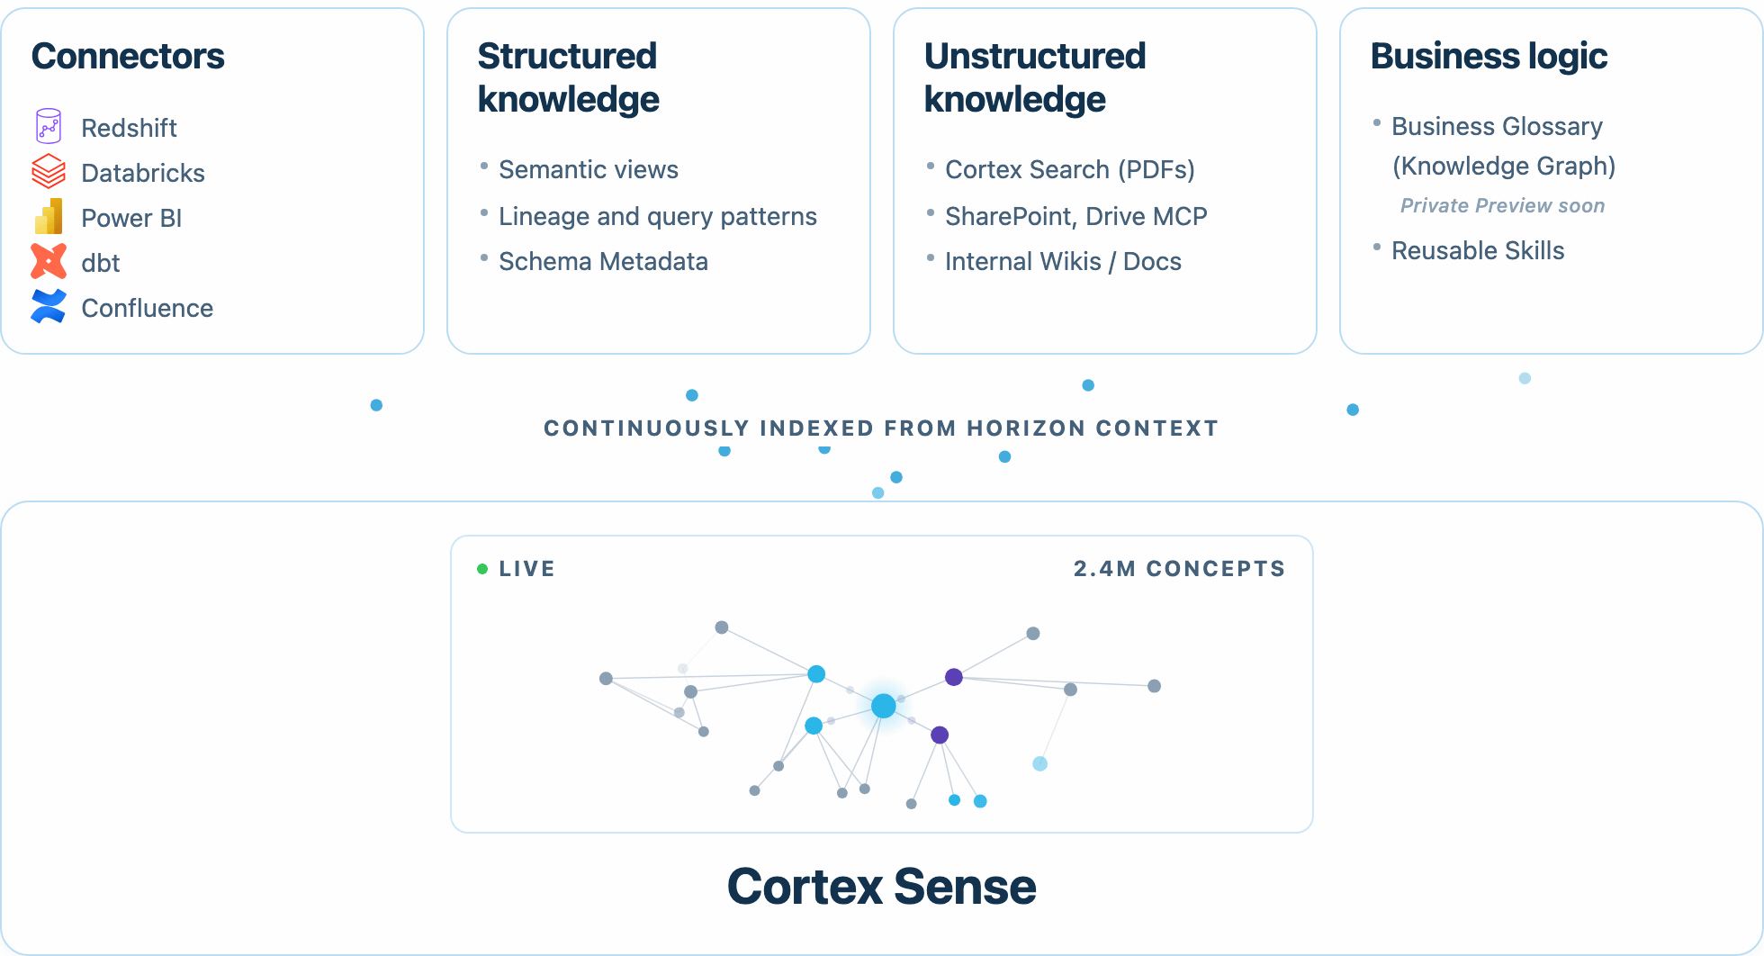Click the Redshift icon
point(49,126)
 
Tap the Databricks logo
point(49,171)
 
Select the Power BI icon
point(49,216)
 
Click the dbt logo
point(49,261)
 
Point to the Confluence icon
point(49,306)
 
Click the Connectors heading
point(128,56)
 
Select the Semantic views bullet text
point(589,169)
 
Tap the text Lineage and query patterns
point(658,216)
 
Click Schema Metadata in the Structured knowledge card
point(603,261)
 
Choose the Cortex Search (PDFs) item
point(1070,169)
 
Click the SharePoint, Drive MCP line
point(1076,216)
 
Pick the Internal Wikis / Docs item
point(1063,261)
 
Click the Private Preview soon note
point(1502,205)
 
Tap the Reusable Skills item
point(1478,250)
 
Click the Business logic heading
point(1489,56)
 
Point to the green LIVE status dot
point(482,569)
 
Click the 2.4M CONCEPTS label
point(1179,569)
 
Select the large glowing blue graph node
point(884,706)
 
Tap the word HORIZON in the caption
point(1026,428)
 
